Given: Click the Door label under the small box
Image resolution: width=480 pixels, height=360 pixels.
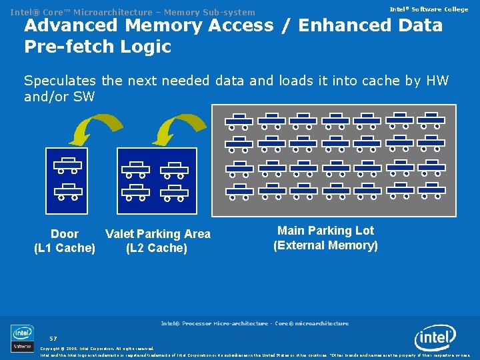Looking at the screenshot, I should (65, 234).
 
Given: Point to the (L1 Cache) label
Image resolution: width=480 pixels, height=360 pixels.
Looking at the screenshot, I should (65, 248).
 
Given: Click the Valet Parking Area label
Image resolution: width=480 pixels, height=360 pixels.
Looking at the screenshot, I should (158, 234).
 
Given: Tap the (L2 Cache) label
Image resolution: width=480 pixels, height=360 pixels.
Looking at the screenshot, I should (157, 248).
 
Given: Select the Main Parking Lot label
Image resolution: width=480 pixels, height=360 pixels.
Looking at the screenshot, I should (325, 231).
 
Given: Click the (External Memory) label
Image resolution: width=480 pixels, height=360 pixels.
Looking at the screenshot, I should (325, 245).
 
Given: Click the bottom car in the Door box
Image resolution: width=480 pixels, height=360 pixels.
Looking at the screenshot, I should (67, 193).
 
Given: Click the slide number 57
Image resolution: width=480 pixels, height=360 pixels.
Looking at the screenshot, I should (53, 338).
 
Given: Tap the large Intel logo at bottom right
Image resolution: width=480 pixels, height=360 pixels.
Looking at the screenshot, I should (435, 338).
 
